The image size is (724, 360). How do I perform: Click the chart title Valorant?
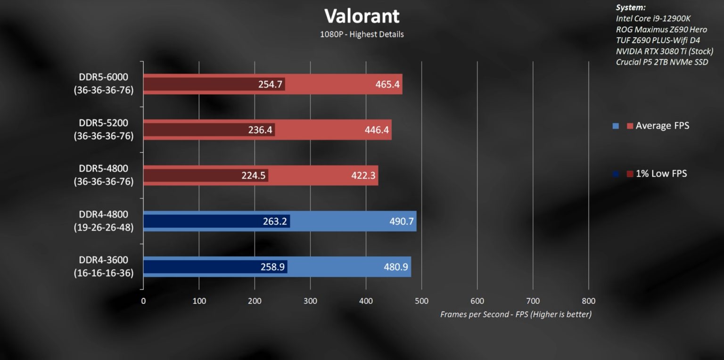362,16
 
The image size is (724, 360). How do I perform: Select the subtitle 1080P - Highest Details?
362,34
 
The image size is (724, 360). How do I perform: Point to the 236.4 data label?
260,130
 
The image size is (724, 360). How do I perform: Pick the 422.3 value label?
363,175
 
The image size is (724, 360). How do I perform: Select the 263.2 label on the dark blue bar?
275,221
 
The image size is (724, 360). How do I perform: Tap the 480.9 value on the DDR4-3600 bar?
396,267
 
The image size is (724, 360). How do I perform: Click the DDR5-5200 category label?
104,129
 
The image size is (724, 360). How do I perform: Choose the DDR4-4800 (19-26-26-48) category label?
104,221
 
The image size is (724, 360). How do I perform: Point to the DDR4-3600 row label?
104,266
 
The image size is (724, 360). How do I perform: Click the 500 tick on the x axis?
421,301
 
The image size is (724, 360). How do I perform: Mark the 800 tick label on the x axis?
588,301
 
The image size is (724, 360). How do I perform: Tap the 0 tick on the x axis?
143,301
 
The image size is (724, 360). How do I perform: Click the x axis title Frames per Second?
516,314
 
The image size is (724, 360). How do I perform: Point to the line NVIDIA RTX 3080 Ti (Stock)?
664,51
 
